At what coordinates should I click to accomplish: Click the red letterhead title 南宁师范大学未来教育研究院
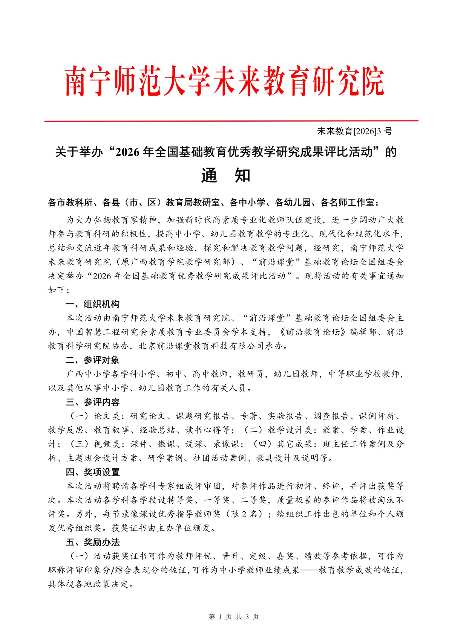click(x=225, y=81)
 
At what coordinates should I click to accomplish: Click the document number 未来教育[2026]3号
click(x=354, y=131)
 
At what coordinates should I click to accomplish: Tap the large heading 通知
click(x=225, y=175)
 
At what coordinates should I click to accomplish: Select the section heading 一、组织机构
click(x=93, y=304)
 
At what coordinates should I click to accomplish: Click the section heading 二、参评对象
click(x=93, y=360)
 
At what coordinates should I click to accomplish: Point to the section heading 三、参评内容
click(x=93, y=402)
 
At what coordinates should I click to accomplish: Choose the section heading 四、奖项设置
click(x=93, y=472)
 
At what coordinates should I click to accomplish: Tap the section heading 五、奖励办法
click(x=93, y=542)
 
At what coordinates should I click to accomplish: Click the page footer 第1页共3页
click(x=234, y=617)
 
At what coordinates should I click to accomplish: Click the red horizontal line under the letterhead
click(x=231, y=121)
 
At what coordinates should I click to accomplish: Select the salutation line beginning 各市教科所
click(x=213, y=203)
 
